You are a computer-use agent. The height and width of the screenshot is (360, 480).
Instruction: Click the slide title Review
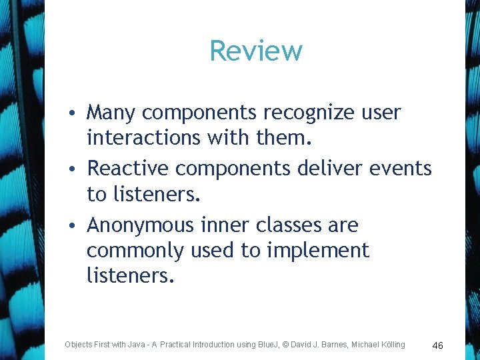pyautogui.click(x=256, y=51)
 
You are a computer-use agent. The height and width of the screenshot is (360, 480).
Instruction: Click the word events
pyautogui.click(x=401, y=168)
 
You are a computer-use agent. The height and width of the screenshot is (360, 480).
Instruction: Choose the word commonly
pyautogui.click(x=135, y=251)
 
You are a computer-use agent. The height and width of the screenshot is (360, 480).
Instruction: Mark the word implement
pyautogui.click(x=319, y=251)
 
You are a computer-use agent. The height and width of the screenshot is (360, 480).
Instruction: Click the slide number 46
pyautogui.click(x=437, y=345)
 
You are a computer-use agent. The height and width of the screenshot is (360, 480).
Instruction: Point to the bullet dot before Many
pyautogui.click(x=77, y=113)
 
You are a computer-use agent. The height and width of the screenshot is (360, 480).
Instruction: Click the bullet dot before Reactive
pyautogui.click(x=77, y=169)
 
